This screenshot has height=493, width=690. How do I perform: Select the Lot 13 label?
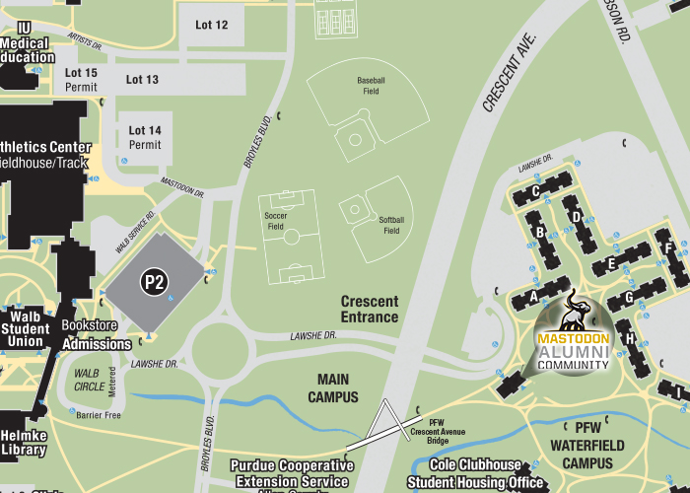pos(142,80)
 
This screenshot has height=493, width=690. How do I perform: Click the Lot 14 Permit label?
pos(144,137)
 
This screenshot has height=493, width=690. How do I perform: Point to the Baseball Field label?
pos(370,85)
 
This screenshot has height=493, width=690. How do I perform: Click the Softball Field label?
pos(391,225)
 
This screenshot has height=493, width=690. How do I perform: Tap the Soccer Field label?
pos(275,220)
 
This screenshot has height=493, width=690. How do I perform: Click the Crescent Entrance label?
pos(370,309)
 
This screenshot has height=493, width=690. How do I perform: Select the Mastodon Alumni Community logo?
pos(573,334)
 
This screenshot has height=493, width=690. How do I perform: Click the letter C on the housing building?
pos(535,191)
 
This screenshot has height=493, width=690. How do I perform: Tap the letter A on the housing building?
pos(534,295)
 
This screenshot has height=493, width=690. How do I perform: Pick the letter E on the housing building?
pos(611,263)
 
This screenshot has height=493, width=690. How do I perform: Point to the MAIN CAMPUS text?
pos(340,387)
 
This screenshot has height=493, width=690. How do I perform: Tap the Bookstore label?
pos(90,325)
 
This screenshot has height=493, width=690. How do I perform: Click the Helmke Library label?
pos(23,443)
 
